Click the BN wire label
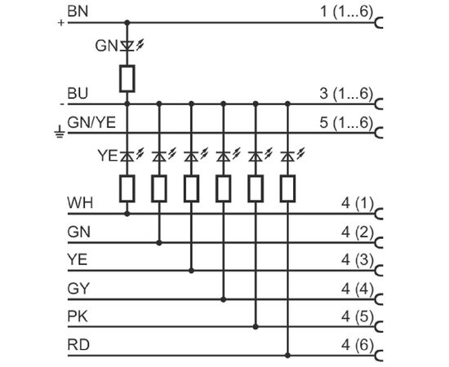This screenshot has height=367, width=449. coord(78,11)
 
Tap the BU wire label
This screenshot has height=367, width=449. coord(78,93)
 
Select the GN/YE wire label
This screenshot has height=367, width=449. coord(91,122)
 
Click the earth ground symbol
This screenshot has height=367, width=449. coord(60,131)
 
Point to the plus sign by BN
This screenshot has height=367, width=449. coord(60,23)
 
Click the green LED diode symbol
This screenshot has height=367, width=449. coord(127,46)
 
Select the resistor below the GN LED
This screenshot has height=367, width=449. coord(127,78)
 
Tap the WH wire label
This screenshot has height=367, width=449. coord(80,203)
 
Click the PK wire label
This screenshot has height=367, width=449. coord(78,316)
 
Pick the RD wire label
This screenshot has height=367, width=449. coord(78,344)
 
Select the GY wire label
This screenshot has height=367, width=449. coord(78,289)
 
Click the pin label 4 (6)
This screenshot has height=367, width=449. coord(358,345)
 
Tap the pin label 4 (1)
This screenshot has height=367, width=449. coord(358,203)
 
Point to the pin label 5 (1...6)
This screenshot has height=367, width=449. coord(346,122)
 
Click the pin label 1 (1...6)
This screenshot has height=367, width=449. coord(346,12)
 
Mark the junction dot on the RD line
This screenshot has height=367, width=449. coord(288,356)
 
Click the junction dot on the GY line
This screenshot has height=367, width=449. coord(224,299)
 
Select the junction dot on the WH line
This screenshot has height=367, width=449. coord(127,214)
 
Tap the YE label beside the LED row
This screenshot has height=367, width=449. coord(108,156)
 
